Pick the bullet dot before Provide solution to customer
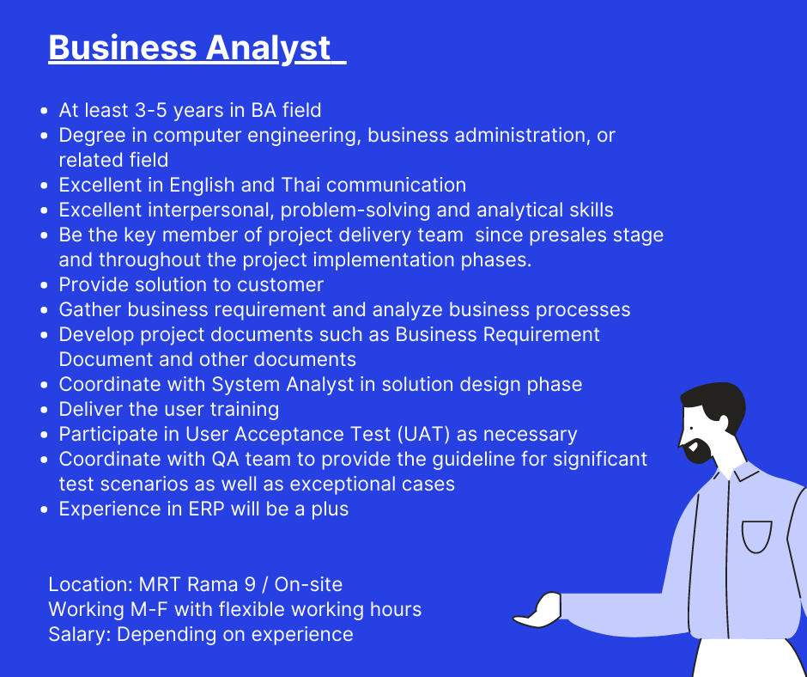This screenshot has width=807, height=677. [45, 285]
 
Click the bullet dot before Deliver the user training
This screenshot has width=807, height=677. [45, 410]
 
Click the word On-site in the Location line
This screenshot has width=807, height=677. [308, 585]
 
